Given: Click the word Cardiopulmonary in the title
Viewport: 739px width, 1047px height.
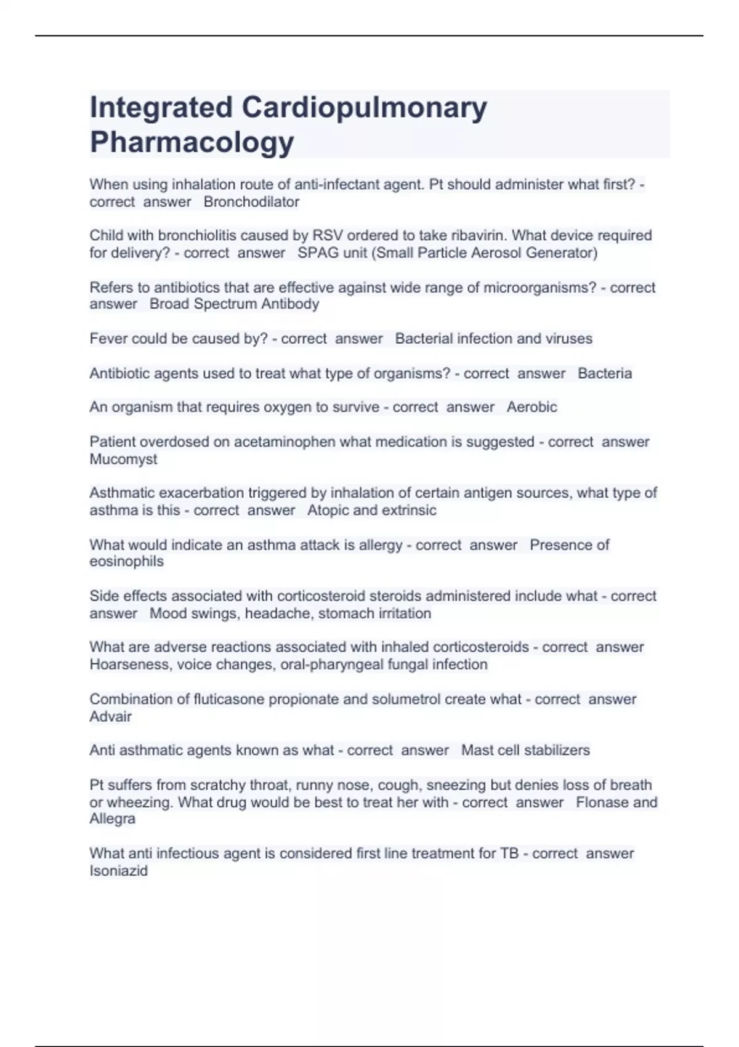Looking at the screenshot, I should pos(365,107).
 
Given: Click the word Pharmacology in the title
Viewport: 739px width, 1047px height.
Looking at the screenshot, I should pos(192,142).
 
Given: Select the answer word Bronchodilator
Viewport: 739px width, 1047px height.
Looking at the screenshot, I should pos(251,202).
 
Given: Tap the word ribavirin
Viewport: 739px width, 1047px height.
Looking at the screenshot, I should pos(481,235).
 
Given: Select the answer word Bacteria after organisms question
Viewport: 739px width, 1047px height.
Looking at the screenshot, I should pos(605,373).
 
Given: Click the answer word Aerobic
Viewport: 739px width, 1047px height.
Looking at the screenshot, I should pos(532,407).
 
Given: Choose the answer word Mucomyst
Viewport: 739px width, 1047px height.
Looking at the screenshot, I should pos(123,459).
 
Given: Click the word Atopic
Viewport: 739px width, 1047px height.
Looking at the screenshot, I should pos(328,510).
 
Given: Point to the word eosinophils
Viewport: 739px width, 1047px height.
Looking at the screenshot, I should pos(126,562).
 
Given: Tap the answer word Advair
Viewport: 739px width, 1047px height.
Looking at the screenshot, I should pos(111,716).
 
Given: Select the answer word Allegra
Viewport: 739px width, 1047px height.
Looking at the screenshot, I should pos(113,819).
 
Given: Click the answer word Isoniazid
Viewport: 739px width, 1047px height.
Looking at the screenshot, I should pos(119,871).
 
